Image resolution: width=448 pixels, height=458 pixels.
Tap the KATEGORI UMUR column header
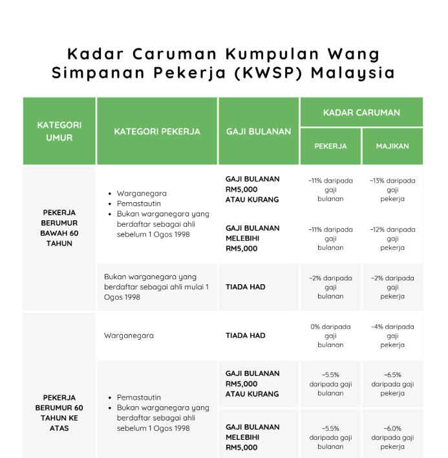coord(59,131)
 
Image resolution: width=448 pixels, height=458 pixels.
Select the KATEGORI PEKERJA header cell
coord(157,131)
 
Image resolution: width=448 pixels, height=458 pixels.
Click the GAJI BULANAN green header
coord(259,131)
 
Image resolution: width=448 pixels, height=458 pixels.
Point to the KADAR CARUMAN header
coord(361,112)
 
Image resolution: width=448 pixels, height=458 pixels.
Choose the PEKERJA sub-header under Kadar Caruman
coord(330,146)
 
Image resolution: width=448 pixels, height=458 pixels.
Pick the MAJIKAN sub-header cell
coord(392,146)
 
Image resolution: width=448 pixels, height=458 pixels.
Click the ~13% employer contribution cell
coord(392,190)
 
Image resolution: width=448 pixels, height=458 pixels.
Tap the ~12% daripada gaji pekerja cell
coord(392,238)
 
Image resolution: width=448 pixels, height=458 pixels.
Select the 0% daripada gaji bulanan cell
coord(330,335)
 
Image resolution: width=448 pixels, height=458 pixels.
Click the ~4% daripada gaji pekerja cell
coord(392,335)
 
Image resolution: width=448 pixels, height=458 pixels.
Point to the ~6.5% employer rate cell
coord(392,384)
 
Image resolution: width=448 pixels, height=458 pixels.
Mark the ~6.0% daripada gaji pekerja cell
coord(392,437)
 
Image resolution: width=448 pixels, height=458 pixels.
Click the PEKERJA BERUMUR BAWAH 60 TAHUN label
coord(59,228)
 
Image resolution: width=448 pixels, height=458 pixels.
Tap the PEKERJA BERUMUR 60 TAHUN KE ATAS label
coord(59,413)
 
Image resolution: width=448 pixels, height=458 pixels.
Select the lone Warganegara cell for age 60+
coord(129,336)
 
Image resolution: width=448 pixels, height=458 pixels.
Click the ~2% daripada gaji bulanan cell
coord(330,287)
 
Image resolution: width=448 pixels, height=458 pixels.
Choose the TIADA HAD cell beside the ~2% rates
coord(246,287)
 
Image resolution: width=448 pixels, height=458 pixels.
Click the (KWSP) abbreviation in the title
coord(271,72)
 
